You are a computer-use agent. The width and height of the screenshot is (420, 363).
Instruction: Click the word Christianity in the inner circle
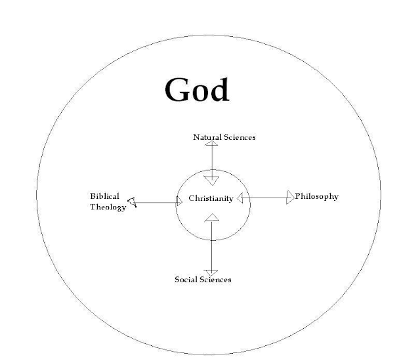pyautogui.click(x=211, y=198)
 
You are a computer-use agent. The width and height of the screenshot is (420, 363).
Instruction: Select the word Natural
pyautogui.click(x=207, y=137)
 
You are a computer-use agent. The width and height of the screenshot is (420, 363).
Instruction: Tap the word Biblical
pyautogui.click(x=104, y=196)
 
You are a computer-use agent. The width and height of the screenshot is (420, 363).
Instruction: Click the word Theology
pyautogui.click(x=108, y=207)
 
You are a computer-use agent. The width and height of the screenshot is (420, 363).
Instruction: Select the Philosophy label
pyautogui.click(x=317, y=196)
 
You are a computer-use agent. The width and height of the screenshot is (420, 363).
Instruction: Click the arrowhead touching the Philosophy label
pyautogui.click(x=290, y=197)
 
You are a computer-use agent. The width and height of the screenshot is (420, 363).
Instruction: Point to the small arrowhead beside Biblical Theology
pyautogui.click(x=133, y=203)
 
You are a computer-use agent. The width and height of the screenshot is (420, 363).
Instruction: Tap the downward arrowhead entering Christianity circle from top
pyautogui.click(x=211, y=179)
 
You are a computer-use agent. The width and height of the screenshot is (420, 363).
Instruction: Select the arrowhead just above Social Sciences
pyautogui.click(x=211, y=271)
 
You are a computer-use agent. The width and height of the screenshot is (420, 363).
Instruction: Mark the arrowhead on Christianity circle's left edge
pyautogui.click(x=178, y=203)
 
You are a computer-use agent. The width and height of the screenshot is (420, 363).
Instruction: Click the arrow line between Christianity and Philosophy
pyautogui.click(x=266, y=198)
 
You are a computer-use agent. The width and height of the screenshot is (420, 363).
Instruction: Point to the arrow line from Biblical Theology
pyautogui.click(x=156, y=203)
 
